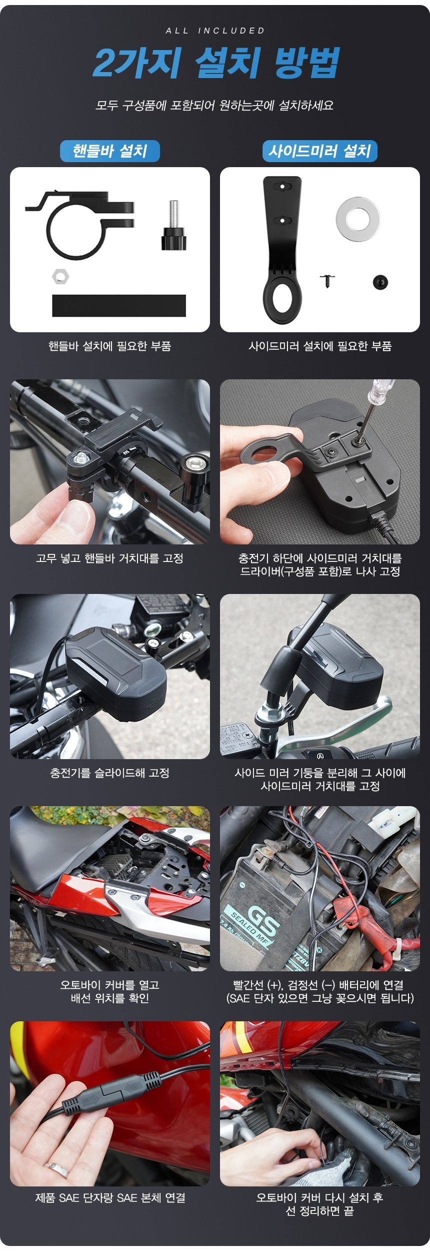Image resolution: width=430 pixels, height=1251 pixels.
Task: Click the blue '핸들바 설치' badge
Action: (110, 151)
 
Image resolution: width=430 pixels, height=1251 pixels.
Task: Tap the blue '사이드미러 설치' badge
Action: (320, 151)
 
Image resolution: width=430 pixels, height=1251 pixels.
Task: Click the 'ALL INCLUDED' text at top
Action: (215, 31)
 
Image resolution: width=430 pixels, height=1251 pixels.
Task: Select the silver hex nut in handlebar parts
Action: (60, 276)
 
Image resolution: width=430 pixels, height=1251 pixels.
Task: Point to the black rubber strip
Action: (119, 305)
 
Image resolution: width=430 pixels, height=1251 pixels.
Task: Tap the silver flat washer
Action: (357, 219)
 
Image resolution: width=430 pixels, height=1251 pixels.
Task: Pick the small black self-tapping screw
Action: (327, 280)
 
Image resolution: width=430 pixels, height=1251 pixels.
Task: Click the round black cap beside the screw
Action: (380, 282)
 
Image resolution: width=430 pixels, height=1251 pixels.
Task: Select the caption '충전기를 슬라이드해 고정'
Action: (110, 773)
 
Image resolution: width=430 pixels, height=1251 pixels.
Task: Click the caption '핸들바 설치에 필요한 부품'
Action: (110, 346)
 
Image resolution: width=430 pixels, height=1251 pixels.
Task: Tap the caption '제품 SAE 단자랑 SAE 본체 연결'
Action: (110, 1198)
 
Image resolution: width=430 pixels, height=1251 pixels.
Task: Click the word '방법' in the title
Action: (306, 63)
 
